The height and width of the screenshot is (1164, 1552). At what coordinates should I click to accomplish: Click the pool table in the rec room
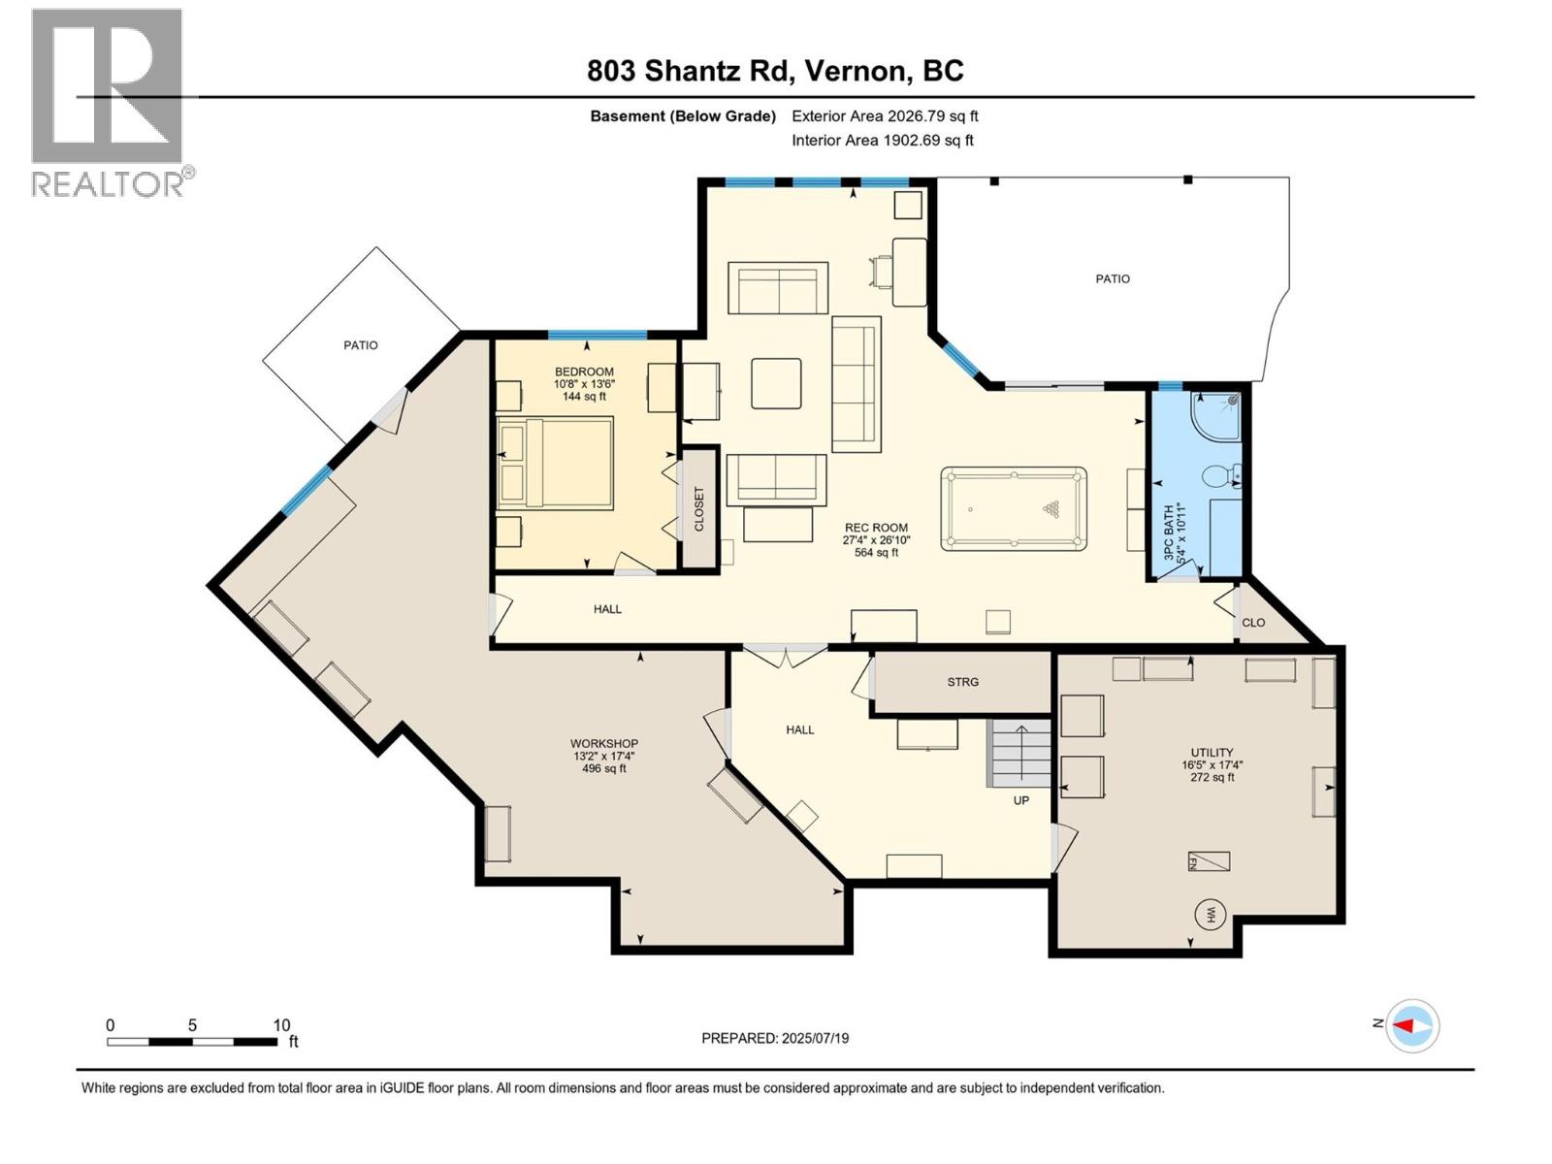click(x=1013, y=509)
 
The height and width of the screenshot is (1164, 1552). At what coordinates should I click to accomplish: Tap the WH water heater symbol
click(x=1211, y=914)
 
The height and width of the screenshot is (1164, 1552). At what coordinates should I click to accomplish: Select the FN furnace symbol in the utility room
click(x=1209, y=861)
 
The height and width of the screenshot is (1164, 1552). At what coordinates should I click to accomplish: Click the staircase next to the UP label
click(x=1019, y=753)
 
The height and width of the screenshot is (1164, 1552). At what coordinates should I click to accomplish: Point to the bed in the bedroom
click(x=556, y=463)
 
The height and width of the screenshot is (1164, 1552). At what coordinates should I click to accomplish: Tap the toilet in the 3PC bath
click(x=1218, y=476)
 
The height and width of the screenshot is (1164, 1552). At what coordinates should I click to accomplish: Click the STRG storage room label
click(x=963, y=682)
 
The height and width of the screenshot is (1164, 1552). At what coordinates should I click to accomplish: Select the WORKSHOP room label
click(x=602, y=744)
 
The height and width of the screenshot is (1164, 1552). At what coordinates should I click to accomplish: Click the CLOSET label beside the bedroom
click(x=698, y=508)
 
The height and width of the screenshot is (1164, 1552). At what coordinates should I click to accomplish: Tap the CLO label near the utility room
click(x=1253, y=623)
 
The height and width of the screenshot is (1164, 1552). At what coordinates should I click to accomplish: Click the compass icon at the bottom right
click(x=1412, y=1025)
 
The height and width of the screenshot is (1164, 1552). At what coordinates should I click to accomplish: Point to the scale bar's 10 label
click(x=281, y=1025)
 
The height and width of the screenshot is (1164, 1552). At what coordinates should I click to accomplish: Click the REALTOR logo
click(x=109, y=102)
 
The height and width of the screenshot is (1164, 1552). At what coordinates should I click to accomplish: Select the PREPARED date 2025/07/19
click(x=775, y=1038)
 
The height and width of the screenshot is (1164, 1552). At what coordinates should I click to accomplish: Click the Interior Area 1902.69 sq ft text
click(x=882, y=141)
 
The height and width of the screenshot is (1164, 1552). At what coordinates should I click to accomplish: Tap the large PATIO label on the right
click(x=1113, y=278)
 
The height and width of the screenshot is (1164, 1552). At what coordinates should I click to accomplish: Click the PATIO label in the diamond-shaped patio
click(x=361, y=345)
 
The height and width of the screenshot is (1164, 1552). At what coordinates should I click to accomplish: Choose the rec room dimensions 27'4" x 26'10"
click(x=876, y=540)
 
